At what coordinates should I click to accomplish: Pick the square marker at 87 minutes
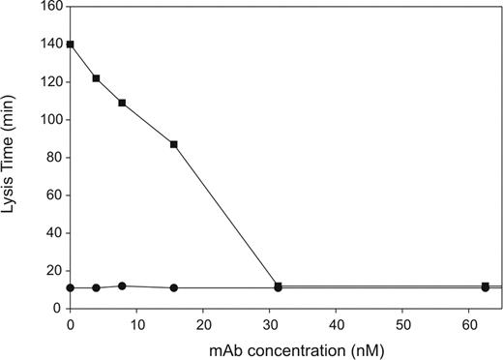pos(173,144)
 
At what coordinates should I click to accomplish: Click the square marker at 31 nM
pos(279,285)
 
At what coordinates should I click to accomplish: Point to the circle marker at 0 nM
pos(71,287)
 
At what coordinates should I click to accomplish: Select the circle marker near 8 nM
pos(122,285)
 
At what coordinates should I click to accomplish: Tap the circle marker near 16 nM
pos(173,287)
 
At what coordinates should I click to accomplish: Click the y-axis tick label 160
pos(50,7)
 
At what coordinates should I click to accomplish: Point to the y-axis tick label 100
pos(50,120)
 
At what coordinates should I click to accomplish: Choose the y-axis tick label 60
pos(54,195)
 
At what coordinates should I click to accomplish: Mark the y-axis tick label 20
pos(54,271)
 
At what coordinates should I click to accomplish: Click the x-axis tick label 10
pos(136,321)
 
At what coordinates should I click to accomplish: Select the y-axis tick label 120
pos(50,82)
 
